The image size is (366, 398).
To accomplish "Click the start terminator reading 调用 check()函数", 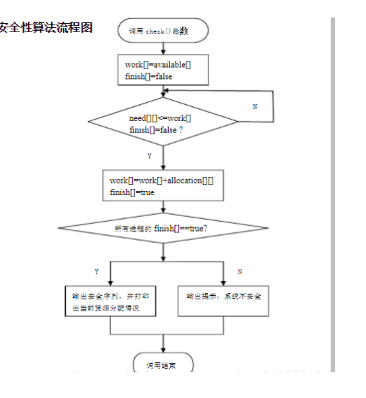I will [x=163, y=31].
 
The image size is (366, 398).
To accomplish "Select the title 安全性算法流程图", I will [x=46, y=29].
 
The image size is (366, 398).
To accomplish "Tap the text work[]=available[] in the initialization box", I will [x=158, y=65].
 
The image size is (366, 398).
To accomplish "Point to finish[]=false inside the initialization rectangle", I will [x=149, y=76].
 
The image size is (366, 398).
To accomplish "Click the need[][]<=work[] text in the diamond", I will [x=160, y=118].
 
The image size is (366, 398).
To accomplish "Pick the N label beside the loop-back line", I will [x=254, y=106].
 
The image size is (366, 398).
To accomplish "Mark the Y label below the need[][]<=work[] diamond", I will [x=149, y=155].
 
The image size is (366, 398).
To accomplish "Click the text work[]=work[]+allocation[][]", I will [x=162, y=180].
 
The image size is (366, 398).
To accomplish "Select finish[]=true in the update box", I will [x=132, y=192].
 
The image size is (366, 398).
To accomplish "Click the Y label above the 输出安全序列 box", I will [x=96, y=271].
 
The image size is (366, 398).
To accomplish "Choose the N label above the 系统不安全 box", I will [x=239, y=271].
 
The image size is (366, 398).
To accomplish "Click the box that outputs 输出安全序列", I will [x=110, y=302].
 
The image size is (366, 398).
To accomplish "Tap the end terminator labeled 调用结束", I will [x=163, y=364].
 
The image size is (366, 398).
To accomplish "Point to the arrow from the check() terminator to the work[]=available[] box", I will [x=163, y=49].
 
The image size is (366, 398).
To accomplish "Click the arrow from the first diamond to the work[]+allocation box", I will [x=163, y=159].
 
